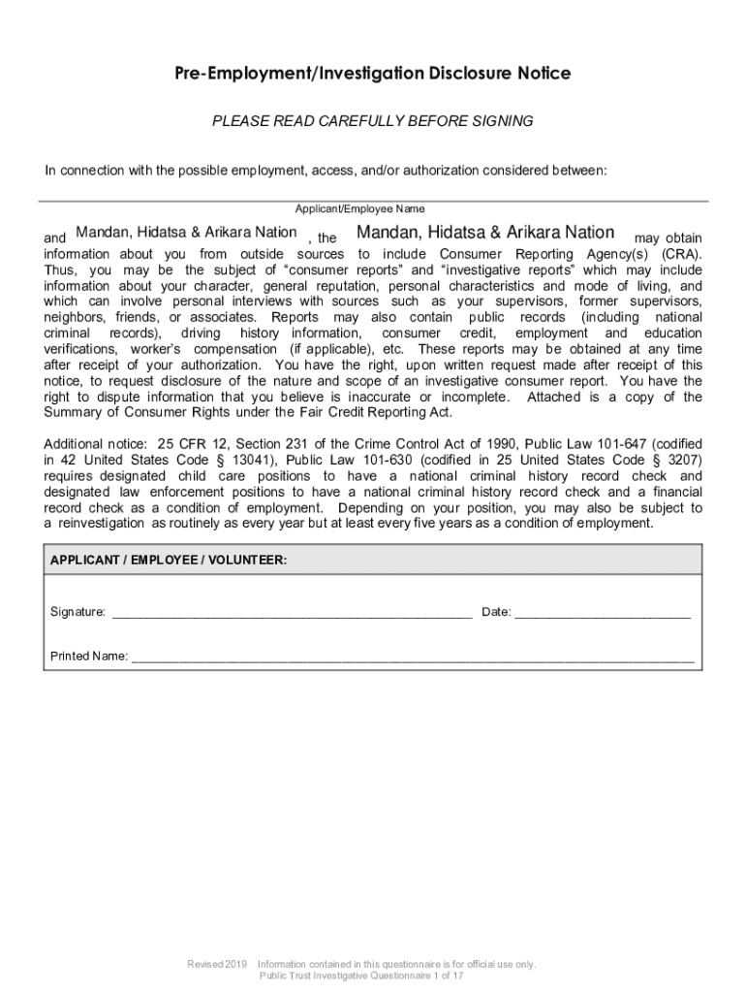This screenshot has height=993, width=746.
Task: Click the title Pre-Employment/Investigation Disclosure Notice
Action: pyautogui.click(x=373, y=74)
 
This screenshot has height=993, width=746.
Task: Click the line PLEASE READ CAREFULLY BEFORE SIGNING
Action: pyautogui.click(x=373, y=121)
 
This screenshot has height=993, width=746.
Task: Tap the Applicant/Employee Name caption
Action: pyautogui.click(x=359, y=208)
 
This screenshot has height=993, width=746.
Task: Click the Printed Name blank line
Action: pyautogui.click(x=413, y=658)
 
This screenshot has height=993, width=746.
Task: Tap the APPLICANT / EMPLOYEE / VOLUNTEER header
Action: pyautogui.click(x=169, y=561)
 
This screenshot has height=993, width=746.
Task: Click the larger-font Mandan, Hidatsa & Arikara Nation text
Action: pyautogui.click(x=485, y=233)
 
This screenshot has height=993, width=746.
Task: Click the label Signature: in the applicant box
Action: pyautogui.click(x=78, y=612)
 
